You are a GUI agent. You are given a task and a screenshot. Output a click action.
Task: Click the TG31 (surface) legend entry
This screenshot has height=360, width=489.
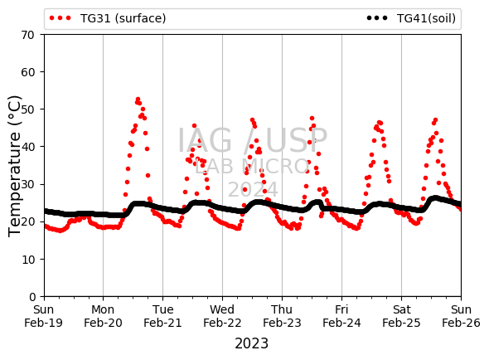click(x=108, y=18)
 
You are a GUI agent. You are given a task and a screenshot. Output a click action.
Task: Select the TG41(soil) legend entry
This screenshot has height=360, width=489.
click(x=411, y=18)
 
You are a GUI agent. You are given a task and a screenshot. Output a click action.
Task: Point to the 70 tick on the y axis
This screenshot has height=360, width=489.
click(x=27, y=35)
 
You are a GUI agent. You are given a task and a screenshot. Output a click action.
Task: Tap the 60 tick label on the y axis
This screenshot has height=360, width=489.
click(x=27, y=72)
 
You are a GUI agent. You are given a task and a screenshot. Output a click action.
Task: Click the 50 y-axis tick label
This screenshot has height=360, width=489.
click(x=27, y=109)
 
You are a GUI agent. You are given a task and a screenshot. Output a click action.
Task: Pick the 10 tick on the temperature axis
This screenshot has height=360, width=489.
click(x=27, y=260)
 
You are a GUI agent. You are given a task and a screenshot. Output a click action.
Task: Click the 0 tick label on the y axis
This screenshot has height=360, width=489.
click(x=32, y=297)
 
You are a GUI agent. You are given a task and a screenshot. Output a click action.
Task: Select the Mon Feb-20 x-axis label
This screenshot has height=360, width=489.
click(x=103, y=316)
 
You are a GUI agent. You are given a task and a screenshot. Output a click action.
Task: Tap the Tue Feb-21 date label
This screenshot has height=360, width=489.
click(x=162, y=316)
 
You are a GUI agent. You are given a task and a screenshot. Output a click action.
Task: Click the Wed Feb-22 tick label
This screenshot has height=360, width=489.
click(x=222, y=316)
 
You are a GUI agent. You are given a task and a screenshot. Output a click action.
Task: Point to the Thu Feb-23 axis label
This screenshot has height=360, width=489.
click(x=282, y=316)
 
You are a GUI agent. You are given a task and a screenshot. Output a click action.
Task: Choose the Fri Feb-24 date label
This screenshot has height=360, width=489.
click(x=341, y=316)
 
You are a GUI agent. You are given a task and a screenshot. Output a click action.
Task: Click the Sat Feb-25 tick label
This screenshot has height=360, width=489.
click(x=401, y=316)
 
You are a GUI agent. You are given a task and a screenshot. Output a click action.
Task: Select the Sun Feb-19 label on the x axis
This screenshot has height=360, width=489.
click(x=43, y=316)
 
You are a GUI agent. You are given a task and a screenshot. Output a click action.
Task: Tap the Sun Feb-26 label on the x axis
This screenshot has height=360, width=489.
click(x=461, y=316)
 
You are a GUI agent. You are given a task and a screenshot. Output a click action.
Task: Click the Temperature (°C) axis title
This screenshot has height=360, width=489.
click(x=14, y=166)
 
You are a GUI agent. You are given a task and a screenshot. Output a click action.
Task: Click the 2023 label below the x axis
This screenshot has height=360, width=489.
click(x=251, y=343)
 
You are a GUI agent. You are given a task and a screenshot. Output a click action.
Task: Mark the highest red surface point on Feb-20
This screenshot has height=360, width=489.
click(x=138, y=99)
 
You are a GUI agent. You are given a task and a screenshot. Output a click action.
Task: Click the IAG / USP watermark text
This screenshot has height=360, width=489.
click(x=252, y=140)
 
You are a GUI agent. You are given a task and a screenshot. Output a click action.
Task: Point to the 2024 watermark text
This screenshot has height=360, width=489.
click(x=253, y=189)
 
